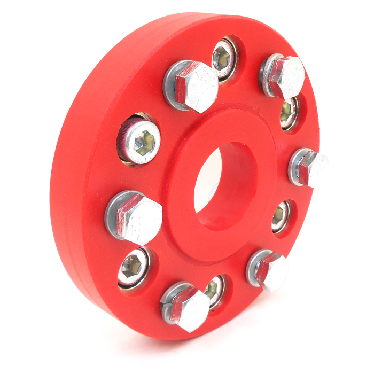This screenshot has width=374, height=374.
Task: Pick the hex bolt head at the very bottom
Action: [188, 307]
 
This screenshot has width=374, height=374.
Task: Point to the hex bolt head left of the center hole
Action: [137, 219]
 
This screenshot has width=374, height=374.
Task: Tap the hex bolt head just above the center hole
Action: [197, 85]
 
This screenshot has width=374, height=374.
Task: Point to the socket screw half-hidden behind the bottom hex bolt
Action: [215, 291]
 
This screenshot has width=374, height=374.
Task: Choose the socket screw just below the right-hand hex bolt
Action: [280, 216]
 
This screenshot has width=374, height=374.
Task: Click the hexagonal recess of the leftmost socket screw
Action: [144, 142]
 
